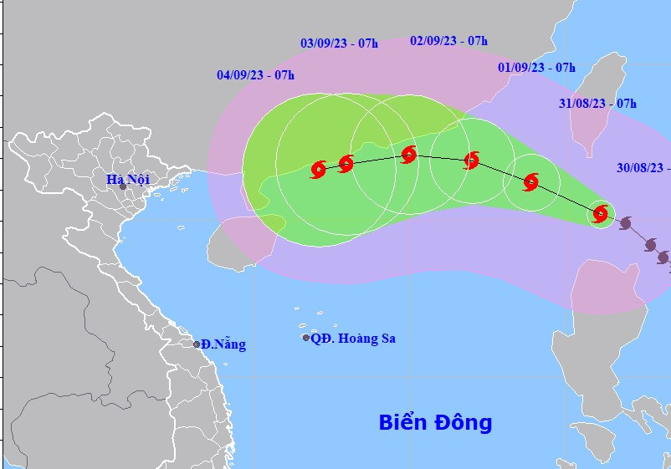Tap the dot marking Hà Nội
coord(123,186)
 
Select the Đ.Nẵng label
coord(224,344)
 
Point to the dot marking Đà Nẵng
coord(197,344)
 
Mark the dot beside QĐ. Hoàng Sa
coord(306,338)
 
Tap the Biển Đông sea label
coord(435,422)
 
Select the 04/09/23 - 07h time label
coord(255,75)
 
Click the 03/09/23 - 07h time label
coord(339,43)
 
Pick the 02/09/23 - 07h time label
coord(449,40)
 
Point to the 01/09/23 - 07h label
coord(536,67)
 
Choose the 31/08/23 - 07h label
coord(597,104)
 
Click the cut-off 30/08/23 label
coord(643,167)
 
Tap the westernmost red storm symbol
coord(318,170)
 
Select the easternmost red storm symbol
coord(600,214)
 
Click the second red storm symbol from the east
coord(531,181)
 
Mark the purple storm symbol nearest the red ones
coord(625,223)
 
